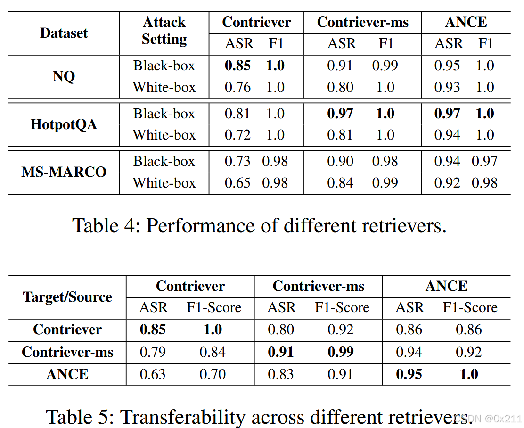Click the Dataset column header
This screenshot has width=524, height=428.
pyautogui.click(x=64, y=33)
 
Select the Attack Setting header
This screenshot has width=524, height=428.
pyautogui.click(x=164, y=31)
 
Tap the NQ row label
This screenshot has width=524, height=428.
pyautogui.click(x=64, y=76)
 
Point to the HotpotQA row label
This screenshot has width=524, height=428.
pyautogui.click(x=64, y=124)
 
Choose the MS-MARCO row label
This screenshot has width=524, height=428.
pyautogui.click(x=64, y=172)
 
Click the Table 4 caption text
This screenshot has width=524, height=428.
pyautogui.click(x=259, y=226)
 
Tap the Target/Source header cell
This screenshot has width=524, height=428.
pyautogui.click(x=67, y=297)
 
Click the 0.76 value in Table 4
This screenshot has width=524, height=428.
pyautogui.click(x=237, y=88)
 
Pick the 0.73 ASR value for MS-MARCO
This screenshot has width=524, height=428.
pyautogui.click(x=237, y=161)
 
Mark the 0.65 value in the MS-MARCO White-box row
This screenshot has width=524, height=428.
pyautogui.click(x=237, y=183)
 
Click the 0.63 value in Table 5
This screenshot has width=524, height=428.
pyautogui.click(x=153, y=374)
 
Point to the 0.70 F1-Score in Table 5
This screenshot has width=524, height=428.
pyautogui.click(x=213, y=374)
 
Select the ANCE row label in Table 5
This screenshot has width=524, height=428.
pyautogui.click(x=67, y=374)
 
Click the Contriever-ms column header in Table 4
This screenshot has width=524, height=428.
pyautogui.click(x=362, y=22)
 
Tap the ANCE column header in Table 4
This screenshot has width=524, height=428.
pyautogui.click(x=466, y=22)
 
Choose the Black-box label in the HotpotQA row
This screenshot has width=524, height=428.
pyautogui.click(x=164, y=114)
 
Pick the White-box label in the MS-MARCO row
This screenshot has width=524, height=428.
pyautogui.click(x=164, y=183)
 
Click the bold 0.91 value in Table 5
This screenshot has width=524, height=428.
pyautogui.click(x=281, y=352)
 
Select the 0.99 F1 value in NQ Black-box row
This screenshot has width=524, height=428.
pyautogui.click(x=385, y=66)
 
